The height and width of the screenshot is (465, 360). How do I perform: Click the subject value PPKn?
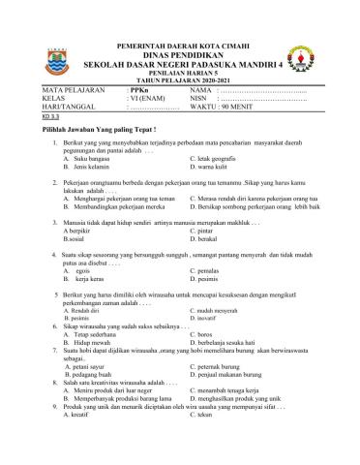click(x=141, y=89)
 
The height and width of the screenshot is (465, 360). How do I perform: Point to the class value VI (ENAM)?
click(x=148, y=98)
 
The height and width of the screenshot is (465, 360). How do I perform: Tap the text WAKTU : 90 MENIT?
click(x=230, y=107)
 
